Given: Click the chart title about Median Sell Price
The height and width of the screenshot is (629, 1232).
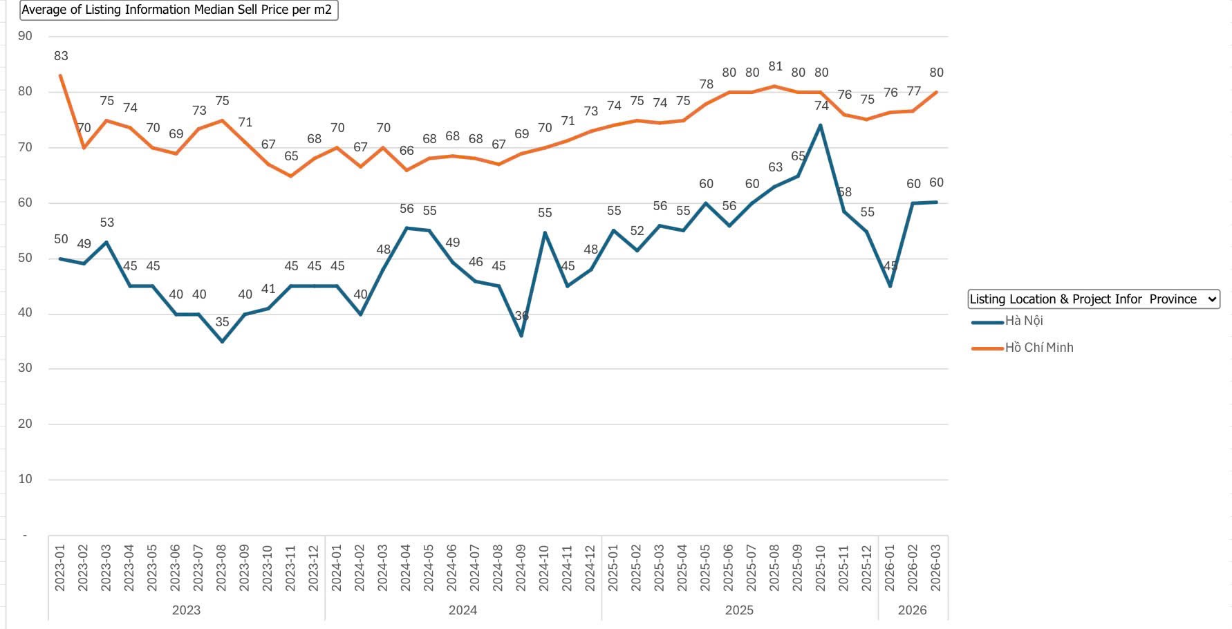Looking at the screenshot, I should [177, 10].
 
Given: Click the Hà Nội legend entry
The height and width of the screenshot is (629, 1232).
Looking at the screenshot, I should [1023, 321].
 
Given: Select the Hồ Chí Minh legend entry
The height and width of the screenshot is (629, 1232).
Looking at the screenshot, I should [1038, 348].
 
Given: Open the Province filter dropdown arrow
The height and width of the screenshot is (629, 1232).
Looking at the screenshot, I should [1211, 299].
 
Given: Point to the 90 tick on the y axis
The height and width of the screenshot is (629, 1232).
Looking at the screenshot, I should [25, 36].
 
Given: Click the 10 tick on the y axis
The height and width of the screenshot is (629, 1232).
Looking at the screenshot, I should [25, 479].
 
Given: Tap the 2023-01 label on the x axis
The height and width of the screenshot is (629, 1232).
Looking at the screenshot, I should [60, 567].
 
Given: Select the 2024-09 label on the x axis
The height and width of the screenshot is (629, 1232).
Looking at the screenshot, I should [521, 567].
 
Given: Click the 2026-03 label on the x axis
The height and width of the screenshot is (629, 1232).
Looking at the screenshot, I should [936, 567].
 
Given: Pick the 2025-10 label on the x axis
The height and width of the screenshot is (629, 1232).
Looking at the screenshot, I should [821, 567].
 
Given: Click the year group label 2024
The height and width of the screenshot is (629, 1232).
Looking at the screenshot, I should [463, 610].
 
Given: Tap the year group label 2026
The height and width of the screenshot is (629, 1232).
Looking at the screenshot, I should [912, 610].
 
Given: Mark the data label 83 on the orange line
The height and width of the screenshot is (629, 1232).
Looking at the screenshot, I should [61, 56].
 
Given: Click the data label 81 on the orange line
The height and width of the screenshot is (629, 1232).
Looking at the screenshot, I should [775, 66].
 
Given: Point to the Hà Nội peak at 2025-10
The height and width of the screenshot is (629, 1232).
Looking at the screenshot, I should [821, 125].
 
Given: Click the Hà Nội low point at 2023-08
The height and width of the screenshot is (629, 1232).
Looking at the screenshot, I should [222, 341].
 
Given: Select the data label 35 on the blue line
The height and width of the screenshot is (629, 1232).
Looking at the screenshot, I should [222, 322].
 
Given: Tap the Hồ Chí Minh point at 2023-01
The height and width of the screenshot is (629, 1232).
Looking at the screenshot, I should [61, 75].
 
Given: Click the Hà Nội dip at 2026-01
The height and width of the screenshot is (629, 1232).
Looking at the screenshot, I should [890, 286].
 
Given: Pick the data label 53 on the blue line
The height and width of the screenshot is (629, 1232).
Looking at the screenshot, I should [106, 223].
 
